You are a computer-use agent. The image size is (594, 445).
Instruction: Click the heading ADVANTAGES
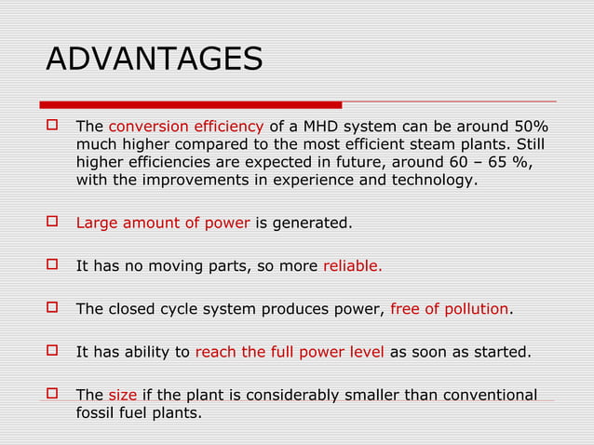click(x=155, y=60)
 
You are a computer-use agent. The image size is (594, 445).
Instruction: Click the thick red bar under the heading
click(x=191, y=104)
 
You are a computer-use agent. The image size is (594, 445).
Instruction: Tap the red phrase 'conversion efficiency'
click(x=186, y=127)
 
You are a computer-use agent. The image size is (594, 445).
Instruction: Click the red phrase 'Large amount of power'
click(x=162, y=222)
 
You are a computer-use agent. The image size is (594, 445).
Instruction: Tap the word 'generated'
click(x=314, y=222)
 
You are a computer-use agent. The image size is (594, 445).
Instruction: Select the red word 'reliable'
click(x=351, y=265)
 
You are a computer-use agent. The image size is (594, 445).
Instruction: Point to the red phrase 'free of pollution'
click(x=450, y=309)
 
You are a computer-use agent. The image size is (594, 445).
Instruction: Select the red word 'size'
click(x=123, y=395)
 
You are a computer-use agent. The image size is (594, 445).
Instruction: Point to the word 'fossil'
click(x=96, y=412)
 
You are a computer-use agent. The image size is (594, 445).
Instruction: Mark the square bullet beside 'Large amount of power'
click(x=52, y=222)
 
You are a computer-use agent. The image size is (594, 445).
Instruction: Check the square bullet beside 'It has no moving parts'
click(x=52, y=264)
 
